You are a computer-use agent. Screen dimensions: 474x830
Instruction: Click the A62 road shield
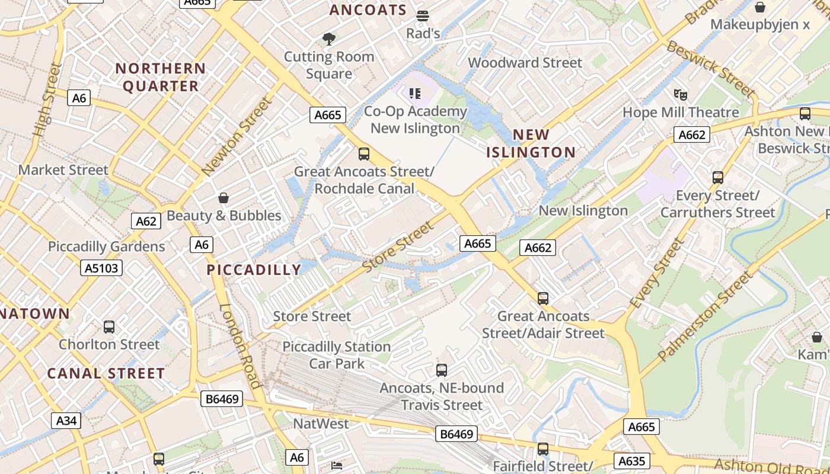[146, 222]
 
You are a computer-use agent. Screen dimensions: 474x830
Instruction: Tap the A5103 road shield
[101, 268]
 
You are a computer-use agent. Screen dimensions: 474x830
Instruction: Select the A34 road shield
[66, 421]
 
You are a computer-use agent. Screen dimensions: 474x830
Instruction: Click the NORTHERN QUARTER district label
[161, 77]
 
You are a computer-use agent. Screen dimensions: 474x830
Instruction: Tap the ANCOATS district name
[368, 10]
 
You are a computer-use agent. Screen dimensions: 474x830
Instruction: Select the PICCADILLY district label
[254, 270]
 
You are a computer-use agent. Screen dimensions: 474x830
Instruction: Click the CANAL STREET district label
[106, 374]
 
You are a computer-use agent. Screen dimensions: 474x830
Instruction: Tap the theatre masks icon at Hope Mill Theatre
[681, 94]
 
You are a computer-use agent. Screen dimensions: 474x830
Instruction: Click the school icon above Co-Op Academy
[414, 93]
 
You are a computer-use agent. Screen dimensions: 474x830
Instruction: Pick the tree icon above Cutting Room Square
[328, 40]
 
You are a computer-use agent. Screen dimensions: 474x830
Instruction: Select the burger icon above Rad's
[423, 15]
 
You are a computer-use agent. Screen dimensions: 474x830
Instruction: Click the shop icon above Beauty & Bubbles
[224, 198]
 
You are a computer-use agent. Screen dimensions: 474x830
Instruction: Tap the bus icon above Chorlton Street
[109, 326]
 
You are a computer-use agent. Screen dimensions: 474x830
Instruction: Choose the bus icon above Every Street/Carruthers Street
[718, 177]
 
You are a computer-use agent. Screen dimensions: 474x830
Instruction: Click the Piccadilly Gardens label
[107, 246]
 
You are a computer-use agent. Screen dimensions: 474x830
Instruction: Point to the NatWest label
[321, 424]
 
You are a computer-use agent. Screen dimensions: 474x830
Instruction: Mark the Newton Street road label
[237, 137]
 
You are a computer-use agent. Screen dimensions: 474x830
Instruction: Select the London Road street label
[241, 346]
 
